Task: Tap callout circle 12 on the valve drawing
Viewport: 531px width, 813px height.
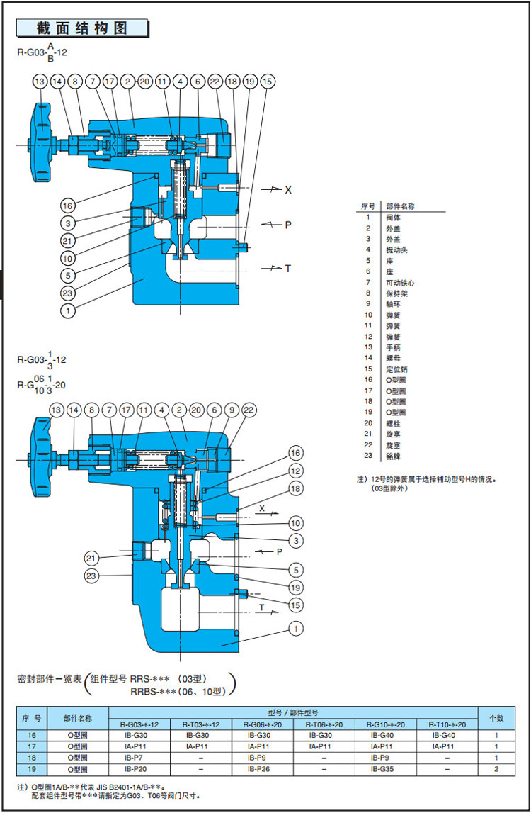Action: [296, 471]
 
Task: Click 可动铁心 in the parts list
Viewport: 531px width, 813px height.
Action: [401, 283]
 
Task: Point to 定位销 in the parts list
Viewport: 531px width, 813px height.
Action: [396, 369]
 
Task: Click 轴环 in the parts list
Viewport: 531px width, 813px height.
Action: [392, 304]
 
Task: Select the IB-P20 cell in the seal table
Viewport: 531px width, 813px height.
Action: [139, 768]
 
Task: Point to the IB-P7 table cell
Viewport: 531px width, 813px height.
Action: [139, 757]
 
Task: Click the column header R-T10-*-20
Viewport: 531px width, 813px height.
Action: [447, 724]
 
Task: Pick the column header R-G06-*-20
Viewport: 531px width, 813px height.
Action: [262, 724]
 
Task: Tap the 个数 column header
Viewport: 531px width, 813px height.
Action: [496, 718]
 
